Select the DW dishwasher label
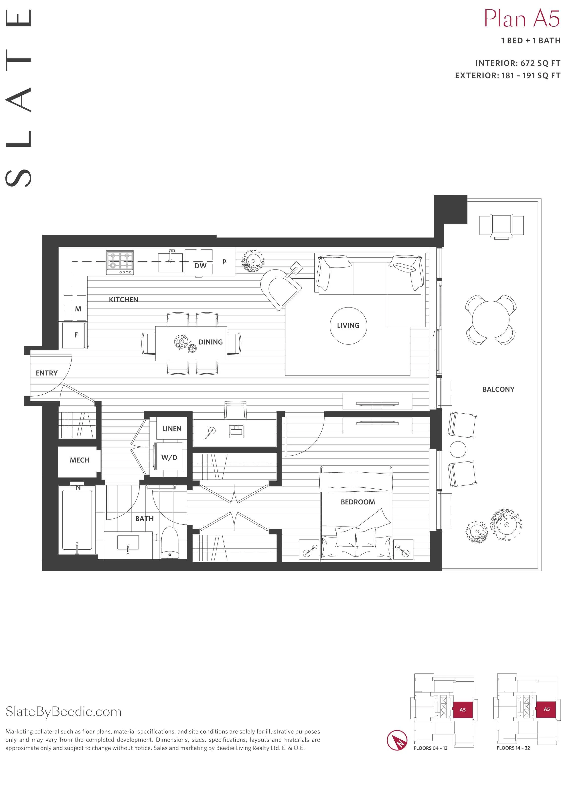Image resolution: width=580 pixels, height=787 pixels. tap(200, 266)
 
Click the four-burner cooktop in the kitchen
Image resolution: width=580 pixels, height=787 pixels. tap(120, 263)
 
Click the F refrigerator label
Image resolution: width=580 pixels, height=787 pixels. tap(76, 335)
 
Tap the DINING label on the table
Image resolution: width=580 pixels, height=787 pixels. tap(211, 342)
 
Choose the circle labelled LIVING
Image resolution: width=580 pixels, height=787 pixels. tap(348, 326)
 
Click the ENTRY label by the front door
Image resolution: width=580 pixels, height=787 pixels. tap(47, 373)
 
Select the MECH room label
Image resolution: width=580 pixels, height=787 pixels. tap(80, 460)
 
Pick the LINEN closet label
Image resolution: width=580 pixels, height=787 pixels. tap(172, 429)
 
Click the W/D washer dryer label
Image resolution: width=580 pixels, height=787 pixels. tap(169, 457)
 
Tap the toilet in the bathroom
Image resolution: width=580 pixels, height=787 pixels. tap(170, 542)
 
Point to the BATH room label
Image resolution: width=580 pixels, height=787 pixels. tap(144, 518)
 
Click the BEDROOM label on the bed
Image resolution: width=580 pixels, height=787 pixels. tap(358, 502)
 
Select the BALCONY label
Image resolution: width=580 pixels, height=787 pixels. tap(498, 389)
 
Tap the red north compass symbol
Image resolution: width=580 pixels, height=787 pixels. tap(397, 741)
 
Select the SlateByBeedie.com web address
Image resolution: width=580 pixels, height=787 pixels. tap(63, 711)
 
